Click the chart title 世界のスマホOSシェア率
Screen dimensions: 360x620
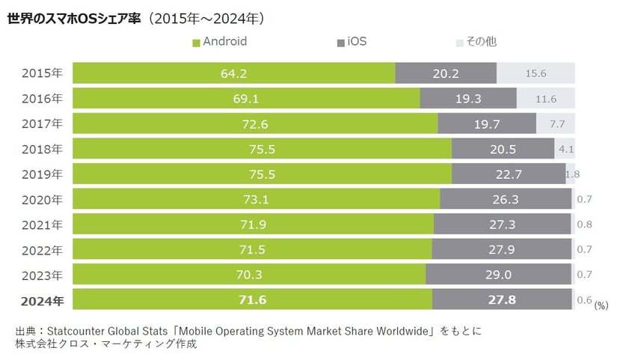74,17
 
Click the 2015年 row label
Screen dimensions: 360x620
42,73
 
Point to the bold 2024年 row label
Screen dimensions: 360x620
42,300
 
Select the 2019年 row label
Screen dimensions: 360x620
42,174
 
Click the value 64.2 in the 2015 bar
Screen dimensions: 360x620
233,73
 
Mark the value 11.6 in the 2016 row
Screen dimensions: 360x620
545,98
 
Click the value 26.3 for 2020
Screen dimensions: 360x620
506,199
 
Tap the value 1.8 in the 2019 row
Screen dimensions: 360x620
572,174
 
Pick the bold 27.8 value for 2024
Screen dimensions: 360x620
502,300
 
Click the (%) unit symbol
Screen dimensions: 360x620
601,305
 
